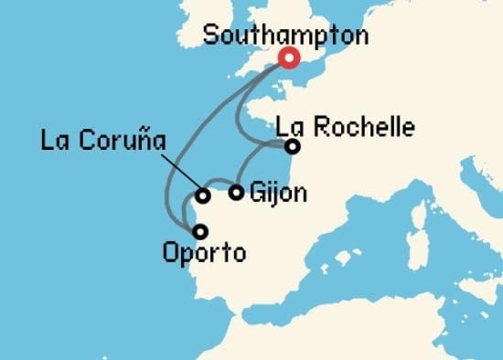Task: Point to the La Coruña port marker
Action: click(203, 195)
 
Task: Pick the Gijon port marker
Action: click(237, 192)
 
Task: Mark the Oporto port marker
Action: click(200, 231)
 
